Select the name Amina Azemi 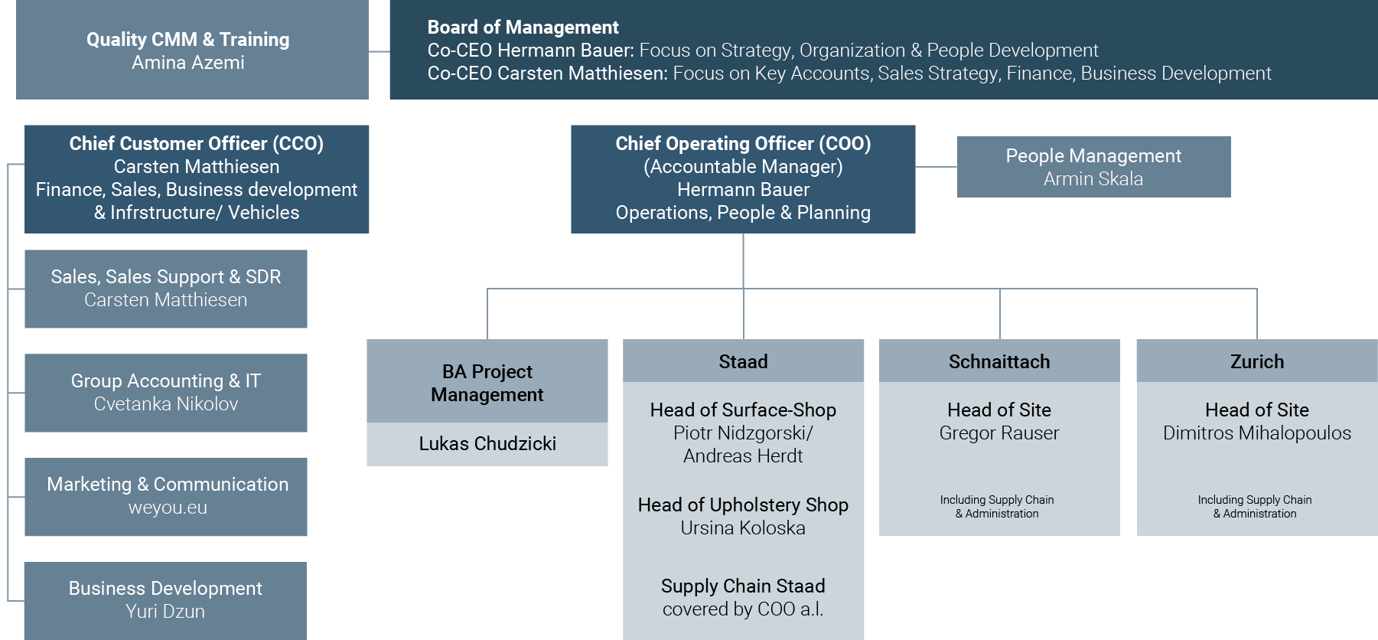[x=188, y=63]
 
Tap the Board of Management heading [x=523, y=28]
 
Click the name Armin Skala [x=1093, y=179]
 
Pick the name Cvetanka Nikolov [x=166, y=404]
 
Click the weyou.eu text [x=168, y=508]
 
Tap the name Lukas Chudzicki [x=487, y=444]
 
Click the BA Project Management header [x=487, y=383]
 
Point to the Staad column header [x=743, y=361]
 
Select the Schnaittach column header [x=999, y=361]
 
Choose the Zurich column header [x=1257, y=361]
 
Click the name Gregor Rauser [x=999, y=433]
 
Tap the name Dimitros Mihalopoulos [x=1257, y=433]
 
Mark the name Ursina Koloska [x=743, y=528]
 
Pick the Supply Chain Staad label [x=743, y=586]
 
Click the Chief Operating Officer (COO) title [x=743, y=144]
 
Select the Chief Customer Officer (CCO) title [x=197, y=144]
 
